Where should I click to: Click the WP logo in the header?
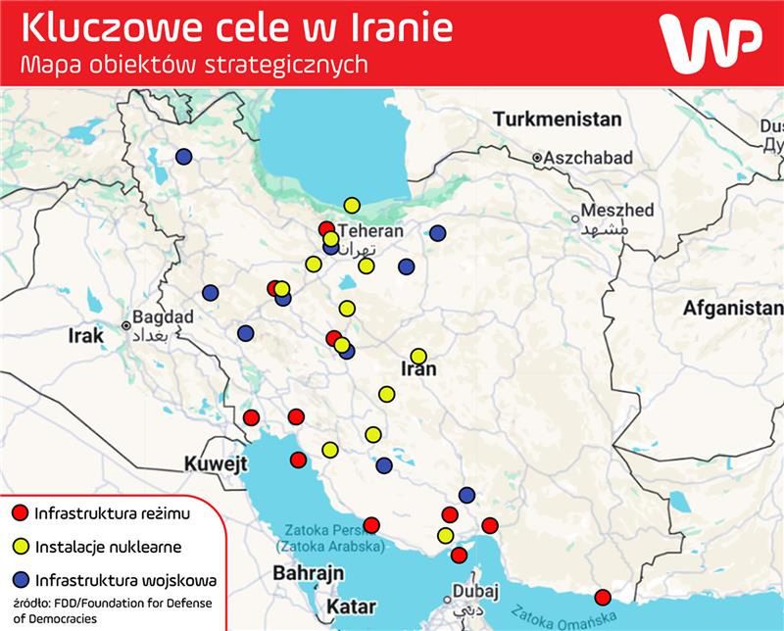[711, 44]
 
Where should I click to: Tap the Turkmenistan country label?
[558, 120]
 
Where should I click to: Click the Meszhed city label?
[616, 211]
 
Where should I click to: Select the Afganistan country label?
[733, 308]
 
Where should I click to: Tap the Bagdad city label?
[163, 317]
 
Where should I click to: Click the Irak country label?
[85, 336]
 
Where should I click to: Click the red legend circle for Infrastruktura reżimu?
[19, 512]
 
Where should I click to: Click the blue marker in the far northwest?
[184, 157]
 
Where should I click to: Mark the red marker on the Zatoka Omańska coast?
[603, 598]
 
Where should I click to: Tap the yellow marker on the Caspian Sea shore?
[352, 205]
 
